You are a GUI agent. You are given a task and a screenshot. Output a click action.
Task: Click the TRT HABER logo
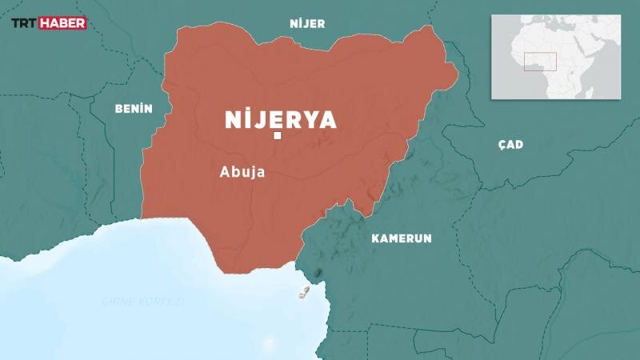point(47,24)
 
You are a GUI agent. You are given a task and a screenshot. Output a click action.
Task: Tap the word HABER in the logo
point(63,24)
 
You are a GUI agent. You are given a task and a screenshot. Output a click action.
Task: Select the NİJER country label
point(307,24)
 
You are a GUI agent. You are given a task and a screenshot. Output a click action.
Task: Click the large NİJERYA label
point(280,120)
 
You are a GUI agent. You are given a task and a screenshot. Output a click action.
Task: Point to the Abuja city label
point(242,171)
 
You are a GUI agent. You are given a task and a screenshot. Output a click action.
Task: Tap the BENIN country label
point(134,108)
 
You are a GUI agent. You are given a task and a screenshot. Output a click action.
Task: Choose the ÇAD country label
point(510,145)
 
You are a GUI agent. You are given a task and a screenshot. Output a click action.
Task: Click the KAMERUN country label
point(402,238)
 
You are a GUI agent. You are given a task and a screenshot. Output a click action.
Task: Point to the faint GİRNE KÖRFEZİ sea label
point(143,302)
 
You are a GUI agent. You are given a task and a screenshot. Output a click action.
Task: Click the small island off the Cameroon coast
point(304,291)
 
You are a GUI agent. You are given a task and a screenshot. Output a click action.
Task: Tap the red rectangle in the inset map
point(540,62)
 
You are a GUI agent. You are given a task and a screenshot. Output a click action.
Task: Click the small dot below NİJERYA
point(278,138)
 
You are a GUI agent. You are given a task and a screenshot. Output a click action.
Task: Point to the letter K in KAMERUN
point(375,238)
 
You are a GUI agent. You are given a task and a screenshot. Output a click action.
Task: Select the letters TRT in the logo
point(24,24)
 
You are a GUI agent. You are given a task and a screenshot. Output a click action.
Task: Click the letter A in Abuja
point(223,171)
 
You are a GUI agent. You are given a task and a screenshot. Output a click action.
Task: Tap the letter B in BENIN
point(118,108)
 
